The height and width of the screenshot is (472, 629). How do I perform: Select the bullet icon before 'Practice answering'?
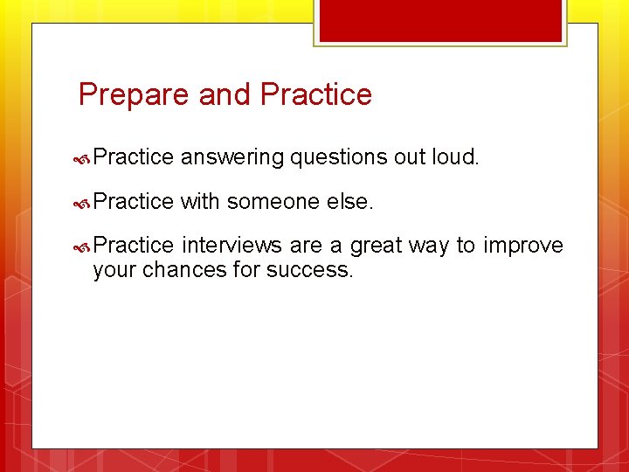[x=84, y=158]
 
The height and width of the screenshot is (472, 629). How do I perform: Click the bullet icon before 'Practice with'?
[x=84, y=203]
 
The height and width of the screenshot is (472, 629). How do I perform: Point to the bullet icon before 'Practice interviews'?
[x=84, y=247]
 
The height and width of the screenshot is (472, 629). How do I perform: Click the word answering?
[x=232, y=158]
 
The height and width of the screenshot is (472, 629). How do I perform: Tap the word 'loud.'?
[x=456, y=157]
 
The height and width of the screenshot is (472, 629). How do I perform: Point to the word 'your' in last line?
[x=114, y=270]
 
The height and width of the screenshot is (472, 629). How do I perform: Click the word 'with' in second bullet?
[x=200, y=202]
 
